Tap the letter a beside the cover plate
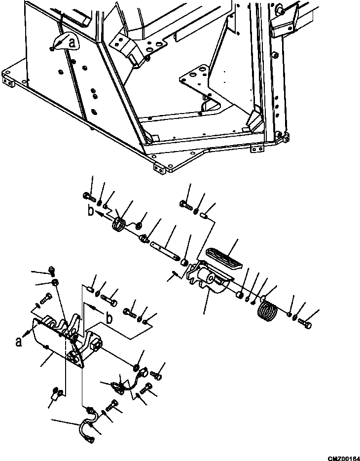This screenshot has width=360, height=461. (19, 342)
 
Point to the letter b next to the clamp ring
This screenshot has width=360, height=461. (91, 211)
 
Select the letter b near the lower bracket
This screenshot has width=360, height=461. (109, 319)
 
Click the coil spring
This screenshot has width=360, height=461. (267, 310)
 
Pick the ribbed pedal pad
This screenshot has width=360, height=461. (223, 259)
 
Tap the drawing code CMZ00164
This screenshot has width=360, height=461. (344, 458)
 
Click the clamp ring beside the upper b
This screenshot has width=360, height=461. (119, 224)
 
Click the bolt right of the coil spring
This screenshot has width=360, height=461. (304, 323)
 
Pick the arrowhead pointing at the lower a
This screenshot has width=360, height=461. (27, 333)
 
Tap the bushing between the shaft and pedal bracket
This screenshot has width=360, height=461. (184, 261)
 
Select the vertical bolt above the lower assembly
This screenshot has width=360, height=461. (52, 271)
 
